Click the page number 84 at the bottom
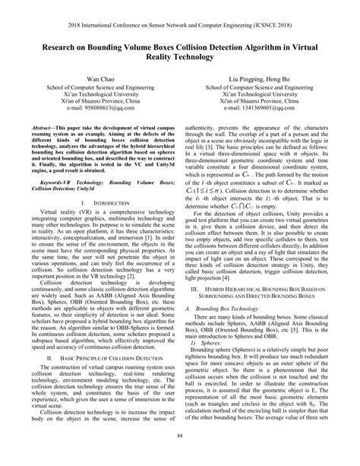[x=180, y=435]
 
